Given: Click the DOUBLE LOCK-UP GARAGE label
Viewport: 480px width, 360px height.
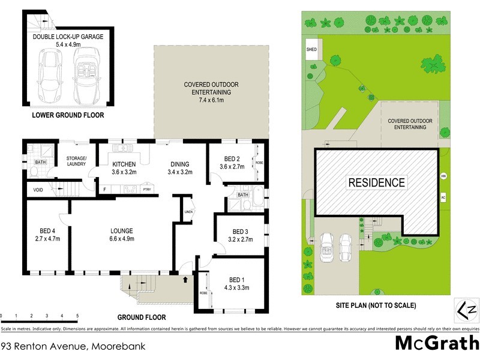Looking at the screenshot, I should point(68,37).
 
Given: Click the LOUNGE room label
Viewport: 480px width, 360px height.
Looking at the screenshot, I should point(121,230).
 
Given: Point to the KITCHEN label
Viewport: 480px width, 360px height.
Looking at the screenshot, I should point(124,164).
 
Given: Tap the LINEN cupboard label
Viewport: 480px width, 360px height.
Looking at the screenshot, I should point(188,212).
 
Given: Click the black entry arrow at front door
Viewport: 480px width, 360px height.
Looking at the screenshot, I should point(185,279).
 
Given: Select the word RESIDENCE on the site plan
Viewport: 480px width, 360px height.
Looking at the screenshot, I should point(377,182).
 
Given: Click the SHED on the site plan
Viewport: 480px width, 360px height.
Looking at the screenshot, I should point(312,50).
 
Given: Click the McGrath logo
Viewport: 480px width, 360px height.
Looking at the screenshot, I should point(436,343).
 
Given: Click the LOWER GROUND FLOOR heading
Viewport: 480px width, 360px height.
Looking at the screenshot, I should point(68,114).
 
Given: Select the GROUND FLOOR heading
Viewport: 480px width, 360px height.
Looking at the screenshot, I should point(142,317).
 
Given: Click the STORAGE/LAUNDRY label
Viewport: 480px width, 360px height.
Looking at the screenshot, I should point(76,160).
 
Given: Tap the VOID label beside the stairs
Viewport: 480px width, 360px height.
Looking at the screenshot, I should point(38,190).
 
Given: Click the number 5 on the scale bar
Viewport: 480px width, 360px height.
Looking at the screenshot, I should point(77,316).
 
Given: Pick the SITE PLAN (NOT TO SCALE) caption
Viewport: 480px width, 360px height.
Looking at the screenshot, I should point(376,305).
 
